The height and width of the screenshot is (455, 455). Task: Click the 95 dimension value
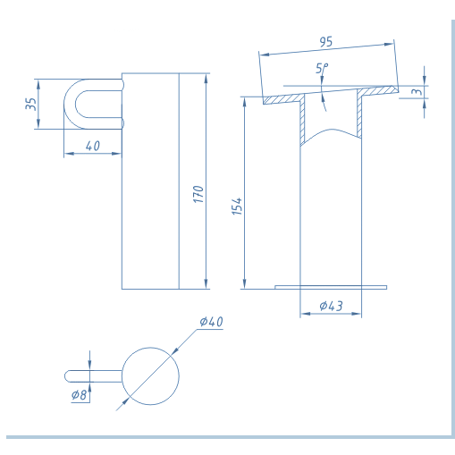pyautogui.click(x=325, y=42)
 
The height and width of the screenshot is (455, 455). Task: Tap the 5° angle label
pyautogui.click(x=322, y=68)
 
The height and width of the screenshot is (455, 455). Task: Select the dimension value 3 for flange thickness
pyautogui.click(x=417, y=91)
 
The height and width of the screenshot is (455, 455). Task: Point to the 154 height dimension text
pyautogui.click(x=237, y=206)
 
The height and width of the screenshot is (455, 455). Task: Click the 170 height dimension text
pyautogui.click(x=198, y=194)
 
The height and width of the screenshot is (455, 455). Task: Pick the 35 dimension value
pyautogui.click(x=31, y=104)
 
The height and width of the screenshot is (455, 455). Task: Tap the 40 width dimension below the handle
pyautogui.click(x=93, y=146)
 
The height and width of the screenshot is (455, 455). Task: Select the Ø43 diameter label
pyautogui.click(x=331, y=306)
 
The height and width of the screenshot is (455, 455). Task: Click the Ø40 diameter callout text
pyautogui.click(x=211, y=322)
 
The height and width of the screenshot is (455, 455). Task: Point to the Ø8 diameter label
pyautogui.click(x=79, y=395)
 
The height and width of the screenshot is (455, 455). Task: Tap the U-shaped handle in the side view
pyautogui.click(x=69, y=105)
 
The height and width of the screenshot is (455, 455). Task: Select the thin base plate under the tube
pyautogui.click(x=331, y=287)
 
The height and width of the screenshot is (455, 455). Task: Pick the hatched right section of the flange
pyautogui.click(x=378, y=90)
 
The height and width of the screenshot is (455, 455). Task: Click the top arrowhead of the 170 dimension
pyautogui.click(x=206, y=79)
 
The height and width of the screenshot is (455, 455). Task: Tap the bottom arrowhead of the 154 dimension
pyautogui.click(x=245, y=284)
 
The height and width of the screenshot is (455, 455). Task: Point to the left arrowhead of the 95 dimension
pyautogui.click(x=265, y=55)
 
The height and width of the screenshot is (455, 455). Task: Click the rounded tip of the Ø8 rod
pyautogui.click(x=66, y=376)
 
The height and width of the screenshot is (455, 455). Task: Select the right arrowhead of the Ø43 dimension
pyautogui.click(x=357, y=314)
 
